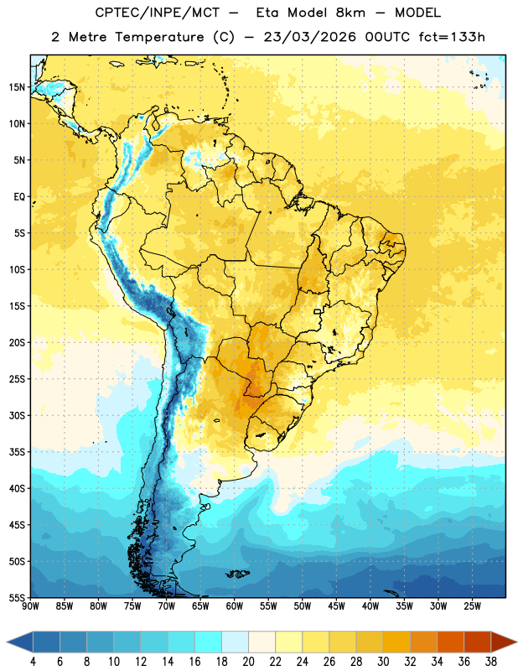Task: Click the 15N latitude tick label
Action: [17, 87]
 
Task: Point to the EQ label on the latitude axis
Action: [19, 197]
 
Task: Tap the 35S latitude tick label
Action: [17, 452]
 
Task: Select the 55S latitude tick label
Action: [17, 597]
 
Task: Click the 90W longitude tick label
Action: [30, 606]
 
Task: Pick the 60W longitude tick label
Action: [235, 606]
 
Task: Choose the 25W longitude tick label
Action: [472, 606]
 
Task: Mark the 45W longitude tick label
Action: [336, 606]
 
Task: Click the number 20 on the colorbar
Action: [248, 662]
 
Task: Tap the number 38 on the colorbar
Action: [491, 662]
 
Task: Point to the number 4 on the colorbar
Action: [33, 662]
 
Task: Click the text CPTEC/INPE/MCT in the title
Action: [158, 13]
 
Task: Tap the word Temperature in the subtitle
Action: [159, 37]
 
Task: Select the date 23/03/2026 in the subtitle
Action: [309, 37]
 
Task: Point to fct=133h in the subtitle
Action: [452, 37]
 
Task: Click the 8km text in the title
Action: [350, 13]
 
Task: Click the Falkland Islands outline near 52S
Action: [237, 574]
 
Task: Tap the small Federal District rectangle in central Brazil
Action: [318, 311]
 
